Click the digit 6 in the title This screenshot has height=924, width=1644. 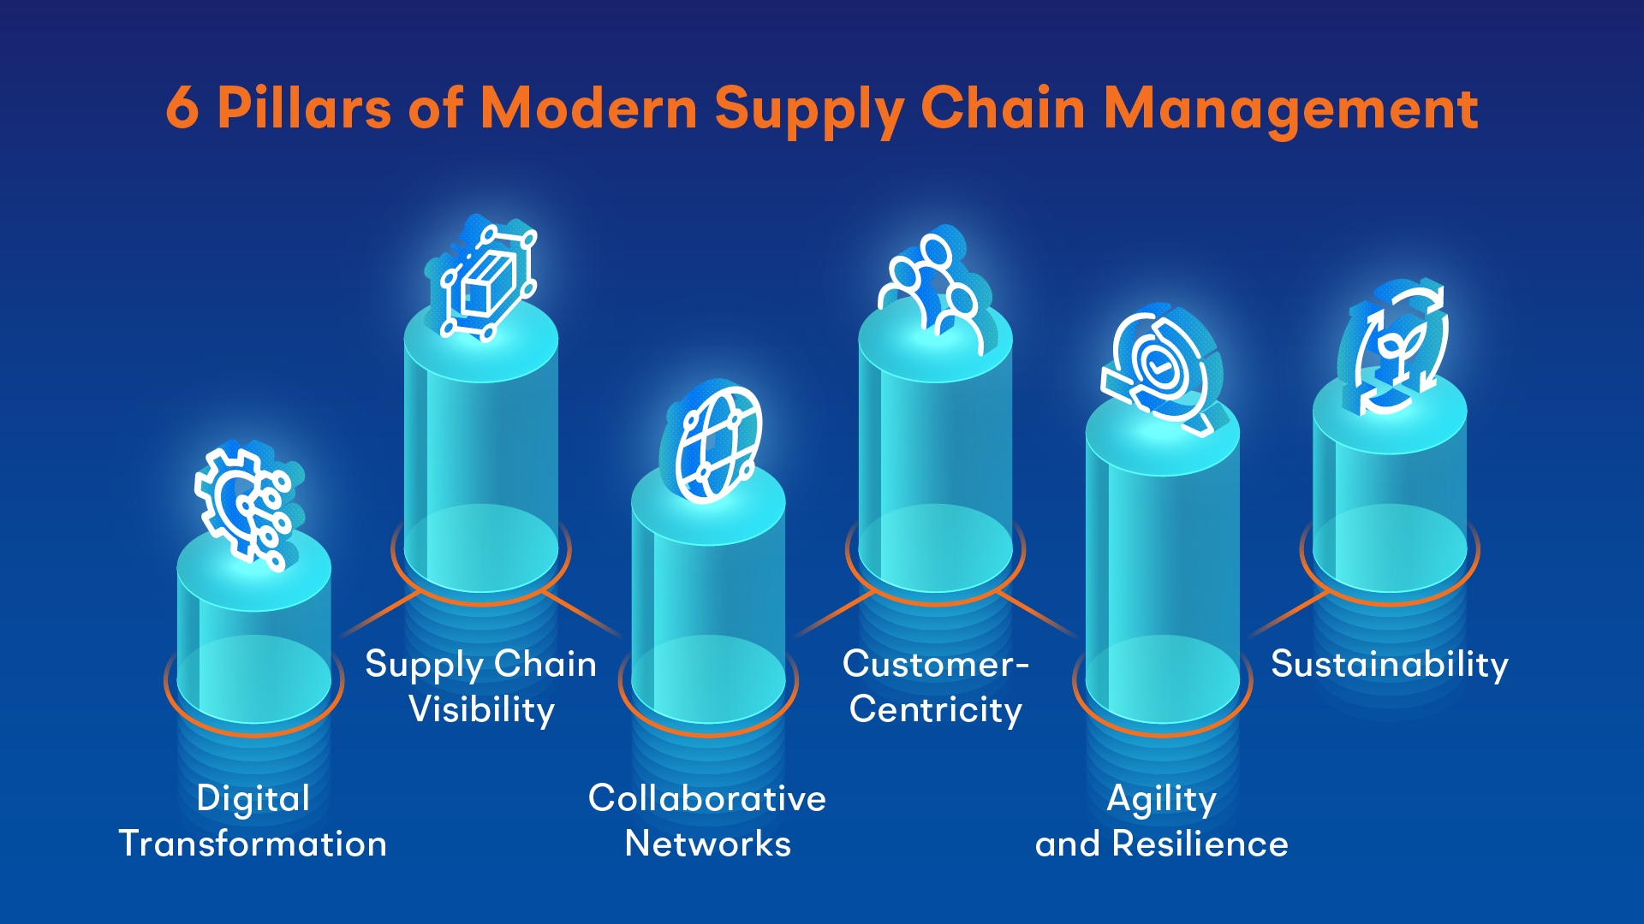pos(182,108)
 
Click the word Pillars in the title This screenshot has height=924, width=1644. pos(305,108)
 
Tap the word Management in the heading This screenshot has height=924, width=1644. pos(1291,110)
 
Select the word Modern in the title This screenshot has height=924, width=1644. pos(589,108)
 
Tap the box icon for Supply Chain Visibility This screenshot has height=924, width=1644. pos(481,278)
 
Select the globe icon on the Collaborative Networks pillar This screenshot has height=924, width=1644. pos(712,443)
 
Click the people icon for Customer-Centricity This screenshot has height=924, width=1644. pos(936,291)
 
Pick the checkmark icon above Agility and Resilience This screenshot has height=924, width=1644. pos(1163,368)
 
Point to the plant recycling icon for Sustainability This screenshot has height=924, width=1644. pos(1392,346)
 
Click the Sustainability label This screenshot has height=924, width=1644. pos(1390,665)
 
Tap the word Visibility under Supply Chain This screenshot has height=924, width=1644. pos(482,710)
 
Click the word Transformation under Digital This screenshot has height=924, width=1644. pos(253,844)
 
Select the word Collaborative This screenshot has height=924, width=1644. pos(707,798)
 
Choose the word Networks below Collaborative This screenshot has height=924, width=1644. pos(708,844)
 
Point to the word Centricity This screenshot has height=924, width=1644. pos(936,710)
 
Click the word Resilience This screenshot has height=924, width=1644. pos(1200,844)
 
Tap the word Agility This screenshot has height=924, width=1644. pos(1162,800)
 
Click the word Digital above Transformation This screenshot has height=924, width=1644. pos(253,800)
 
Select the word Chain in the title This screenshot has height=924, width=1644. pos(1004,108)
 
